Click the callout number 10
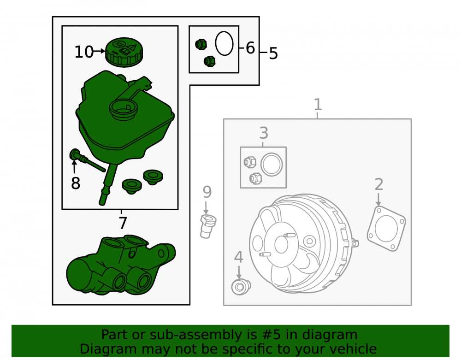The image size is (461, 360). pos(84,52)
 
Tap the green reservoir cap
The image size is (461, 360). pos(124,52)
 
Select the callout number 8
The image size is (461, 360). pos(76,183)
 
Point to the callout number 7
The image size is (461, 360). pos(123,223)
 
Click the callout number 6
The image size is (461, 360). pos(250,48)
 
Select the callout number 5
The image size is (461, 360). pos(273,53)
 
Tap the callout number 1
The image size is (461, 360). pos(318,104)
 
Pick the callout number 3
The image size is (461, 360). pos(264,133)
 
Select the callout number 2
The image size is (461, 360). pos(378,184)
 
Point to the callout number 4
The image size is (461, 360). pos(238,257)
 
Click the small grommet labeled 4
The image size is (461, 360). pos(241,287)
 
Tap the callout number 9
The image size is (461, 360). pos(207,192)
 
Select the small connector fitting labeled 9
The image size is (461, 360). pos(208,226)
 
